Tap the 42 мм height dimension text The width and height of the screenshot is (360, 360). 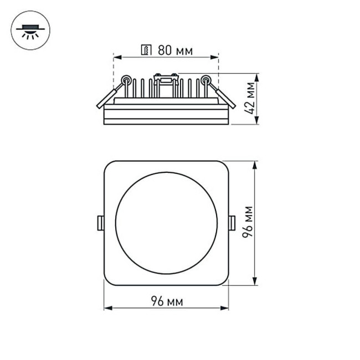(253, 99)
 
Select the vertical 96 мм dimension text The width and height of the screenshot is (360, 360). (249, 223)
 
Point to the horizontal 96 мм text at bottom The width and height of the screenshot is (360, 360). (166, 301)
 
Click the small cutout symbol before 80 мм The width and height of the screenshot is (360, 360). (147, 51)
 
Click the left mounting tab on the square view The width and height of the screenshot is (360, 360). (101, 223)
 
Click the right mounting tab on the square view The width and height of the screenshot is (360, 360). (232, 223)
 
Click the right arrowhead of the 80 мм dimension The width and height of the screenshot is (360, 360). (215, 56)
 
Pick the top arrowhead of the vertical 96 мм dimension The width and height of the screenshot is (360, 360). (255, 164)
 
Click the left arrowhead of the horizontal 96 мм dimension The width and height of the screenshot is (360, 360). (107, 307)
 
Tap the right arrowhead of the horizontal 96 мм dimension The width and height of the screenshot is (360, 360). (225, 307)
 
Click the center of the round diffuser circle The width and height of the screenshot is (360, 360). (166, 223)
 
